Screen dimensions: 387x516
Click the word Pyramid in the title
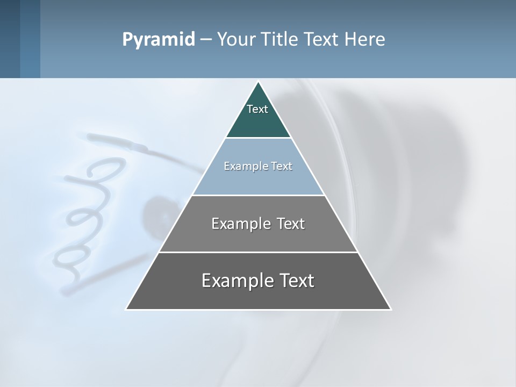click(x=158, y=40)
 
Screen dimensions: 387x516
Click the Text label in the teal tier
click(x=257, y=109)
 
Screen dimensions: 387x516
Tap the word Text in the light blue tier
click(x=282, y=166)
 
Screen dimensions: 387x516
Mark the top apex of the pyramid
click(x=259, y=82)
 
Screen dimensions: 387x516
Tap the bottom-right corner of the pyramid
click(x=390, y=309)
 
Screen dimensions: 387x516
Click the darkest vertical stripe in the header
click(x=10, y=39)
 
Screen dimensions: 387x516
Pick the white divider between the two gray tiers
click(x=258, y=252)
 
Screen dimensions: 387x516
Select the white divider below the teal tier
click(x=258, y=138)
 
